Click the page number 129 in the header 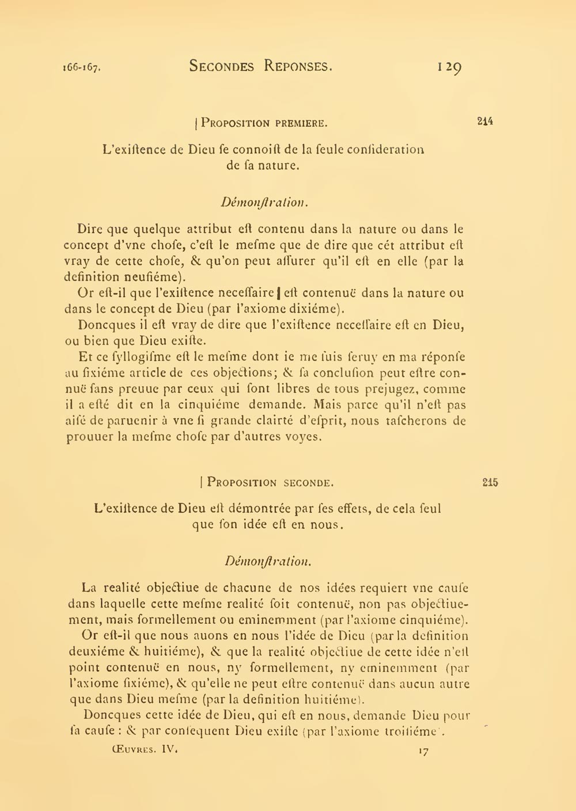coord(449,68)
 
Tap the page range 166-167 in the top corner coord(82,67)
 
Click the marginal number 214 coord(485,122)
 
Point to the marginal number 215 coord(490,483)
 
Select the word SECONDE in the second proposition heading coord(308,483)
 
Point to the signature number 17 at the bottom coord(424,751)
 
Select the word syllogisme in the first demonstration coord(129,357)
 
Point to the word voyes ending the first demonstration coord(302,437)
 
